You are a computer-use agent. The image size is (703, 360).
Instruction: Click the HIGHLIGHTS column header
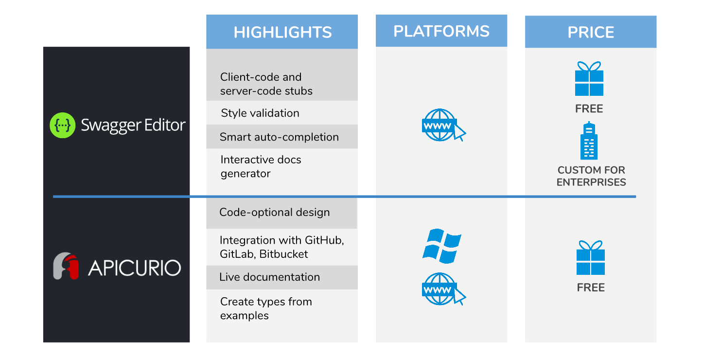[x=282, y=32]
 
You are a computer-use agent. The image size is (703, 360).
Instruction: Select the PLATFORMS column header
[x=441, y=31]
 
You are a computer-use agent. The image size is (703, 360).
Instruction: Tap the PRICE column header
[x=591, y=32]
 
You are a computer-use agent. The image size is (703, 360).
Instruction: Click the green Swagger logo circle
[x=63, y=125]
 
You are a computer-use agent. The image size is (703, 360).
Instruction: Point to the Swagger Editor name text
[x=133, y=125]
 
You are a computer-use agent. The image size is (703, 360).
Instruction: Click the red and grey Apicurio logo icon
[x=66, y=266]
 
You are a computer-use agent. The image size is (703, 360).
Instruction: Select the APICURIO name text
[x=134, y=268]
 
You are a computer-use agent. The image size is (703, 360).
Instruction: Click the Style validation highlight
[x=260, y=113]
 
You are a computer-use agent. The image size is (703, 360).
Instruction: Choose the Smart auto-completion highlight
[x=279, y=137]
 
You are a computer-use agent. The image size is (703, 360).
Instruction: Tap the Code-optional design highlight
[x=274, y=212]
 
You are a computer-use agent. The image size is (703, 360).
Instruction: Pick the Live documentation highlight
[x=269, y=277]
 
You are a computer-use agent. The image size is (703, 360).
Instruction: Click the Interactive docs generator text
[x=261, y=166]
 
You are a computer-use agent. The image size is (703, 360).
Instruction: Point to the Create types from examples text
[x=266, y=308]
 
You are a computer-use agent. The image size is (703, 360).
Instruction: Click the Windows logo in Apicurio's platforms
[x=441, y=246]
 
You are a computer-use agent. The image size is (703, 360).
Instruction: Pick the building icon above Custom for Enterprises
[x=589, y=141]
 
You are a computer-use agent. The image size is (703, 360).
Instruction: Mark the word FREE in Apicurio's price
[x=591, y=288]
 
